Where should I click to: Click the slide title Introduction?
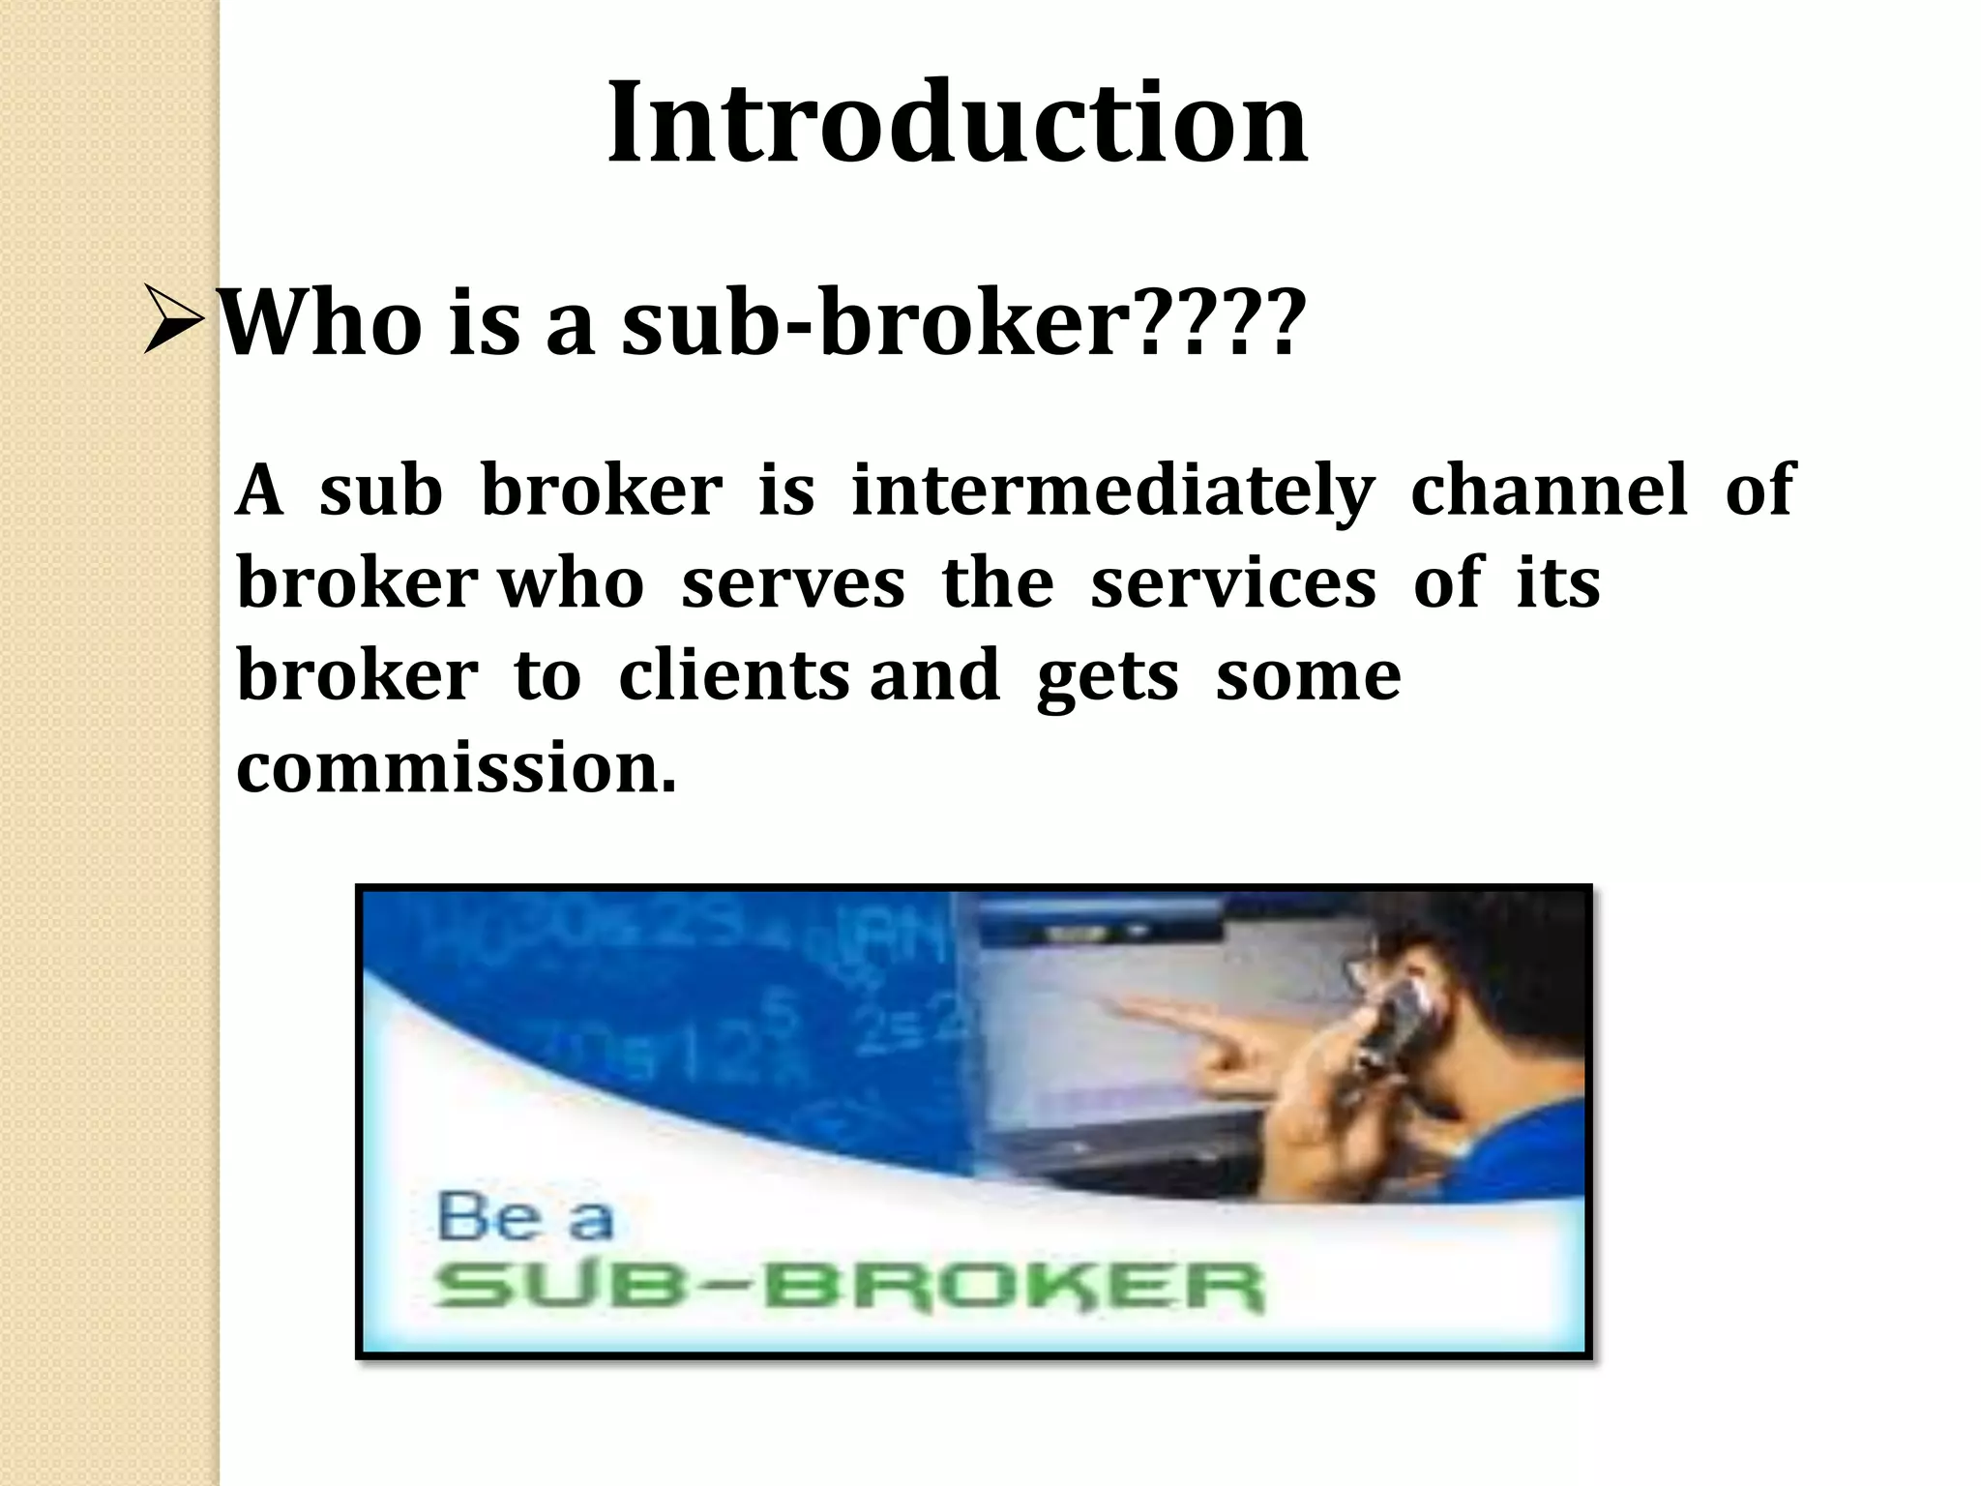pos(958,123)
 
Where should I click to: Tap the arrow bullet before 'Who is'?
pos(173,319)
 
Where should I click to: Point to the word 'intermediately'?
pos(1112,490)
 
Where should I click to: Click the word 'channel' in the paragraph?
pos(1549,490)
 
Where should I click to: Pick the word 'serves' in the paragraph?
pos(792,584)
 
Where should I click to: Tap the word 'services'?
pos(1232,584)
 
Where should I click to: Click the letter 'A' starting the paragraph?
pos(259,490)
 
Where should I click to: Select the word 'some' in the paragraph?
pos(1308,675)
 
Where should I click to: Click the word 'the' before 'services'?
pos(997,584)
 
